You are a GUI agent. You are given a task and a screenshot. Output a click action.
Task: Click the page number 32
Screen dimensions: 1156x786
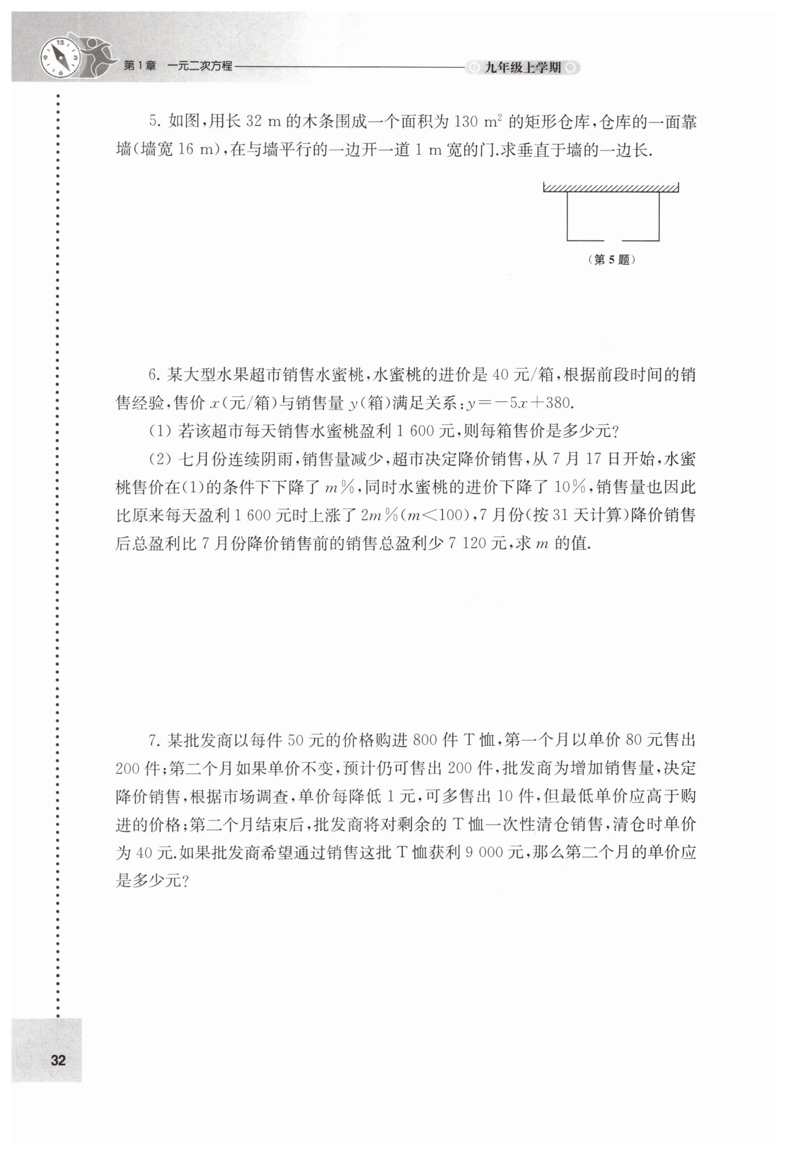58,1060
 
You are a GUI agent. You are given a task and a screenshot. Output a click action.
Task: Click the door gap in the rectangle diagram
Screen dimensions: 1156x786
613,240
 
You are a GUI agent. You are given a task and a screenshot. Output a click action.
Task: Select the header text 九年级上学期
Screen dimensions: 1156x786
522,68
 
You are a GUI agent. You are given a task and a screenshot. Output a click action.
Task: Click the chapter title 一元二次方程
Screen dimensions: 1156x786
199,66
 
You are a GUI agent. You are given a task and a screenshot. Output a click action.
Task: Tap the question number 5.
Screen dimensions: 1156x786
153,122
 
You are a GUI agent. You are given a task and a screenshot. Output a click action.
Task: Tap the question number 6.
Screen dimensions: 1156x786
153,375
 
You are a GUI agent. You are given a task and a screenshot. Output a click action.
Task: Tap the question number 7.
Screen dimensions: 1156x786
153,741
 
